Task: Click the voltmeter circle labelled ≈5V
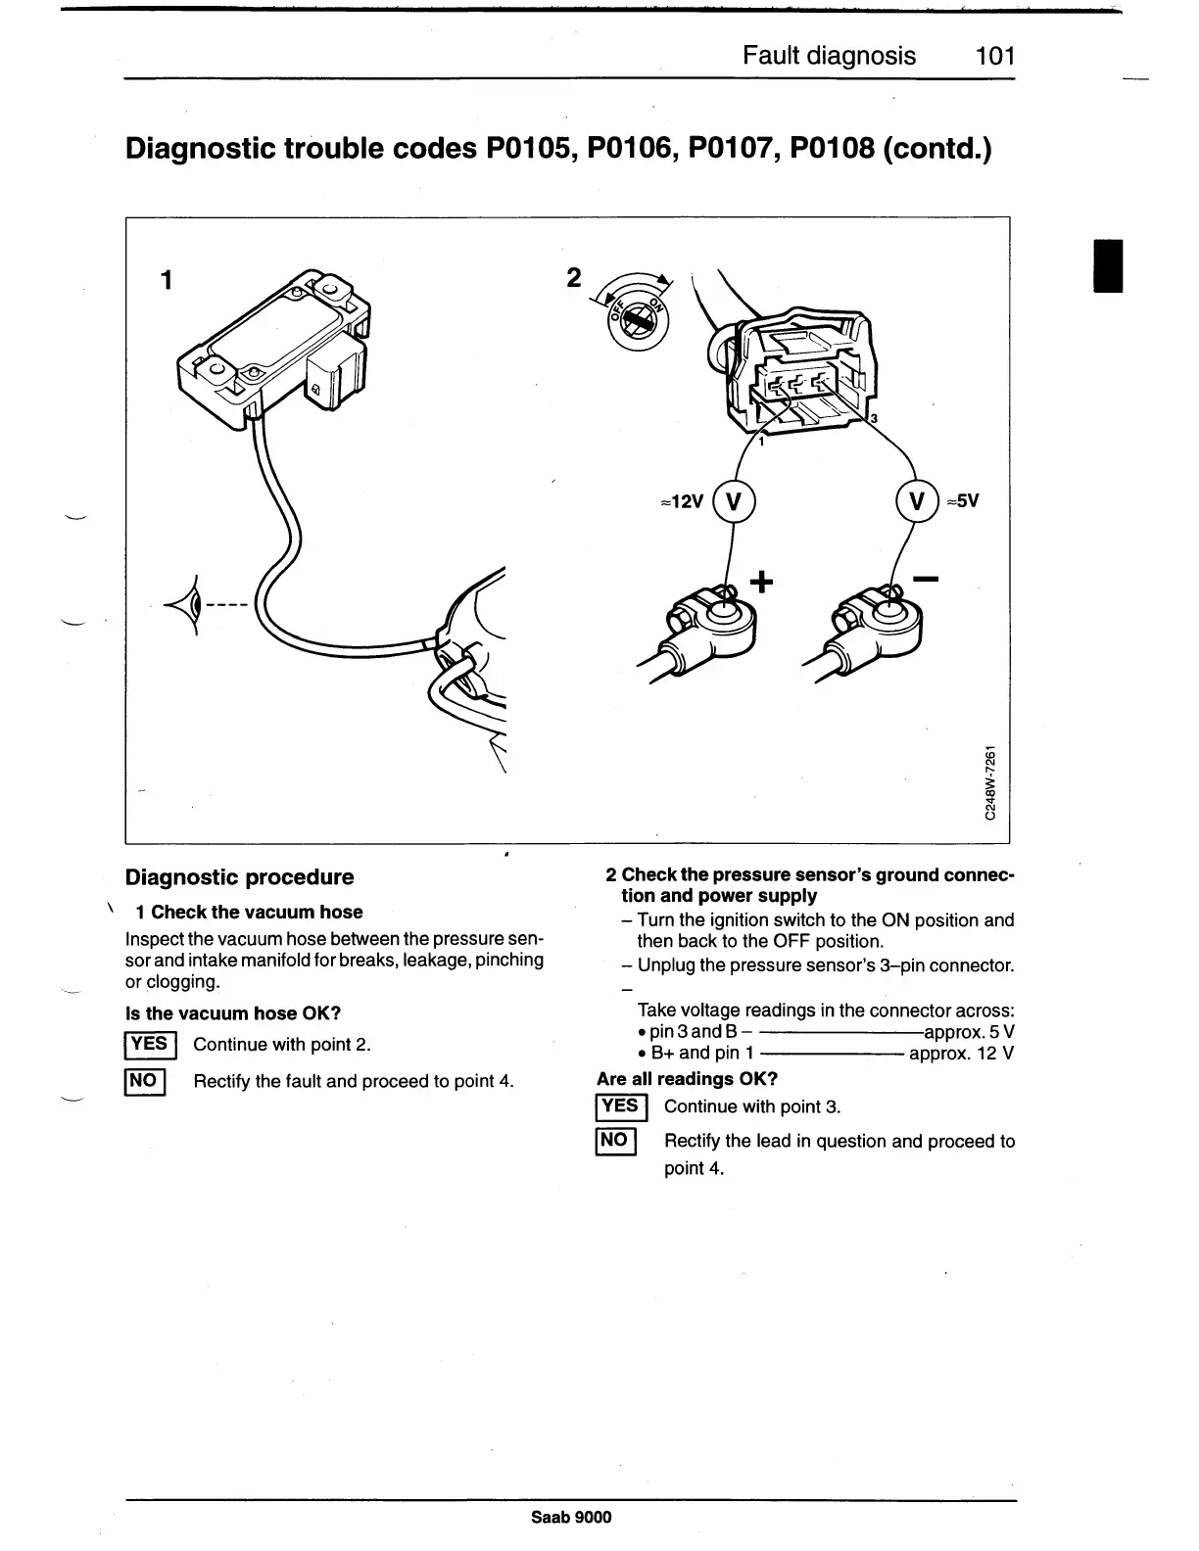[917, 501]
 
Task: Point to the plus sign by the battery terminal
[761, 583]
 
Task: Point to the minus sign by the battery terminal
[925, 581]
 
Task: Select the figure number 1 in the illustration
[167, 280]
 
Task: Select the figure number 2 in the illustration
[574, 278]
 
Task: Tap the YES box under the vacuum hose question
[149, 1045]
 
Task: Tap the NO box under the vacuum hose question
[144, 1081]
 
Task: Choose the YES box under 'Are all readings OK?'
[620, 1107]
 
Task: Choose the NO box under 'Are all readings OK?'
[615, 1142]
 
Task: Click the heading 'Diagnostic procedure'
[239, 877]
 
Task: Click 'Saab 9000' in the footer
[571, 1517]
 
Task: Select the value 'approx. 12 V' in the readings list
[961, 1054]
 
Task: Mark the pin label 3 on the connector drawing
[874, 419]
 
